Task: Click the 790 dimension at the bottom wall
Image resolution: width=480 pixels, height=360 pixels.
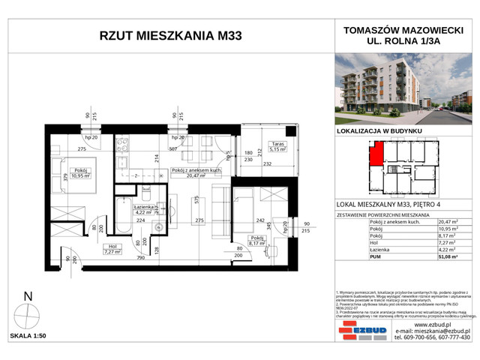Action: (x=140, y=259)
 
